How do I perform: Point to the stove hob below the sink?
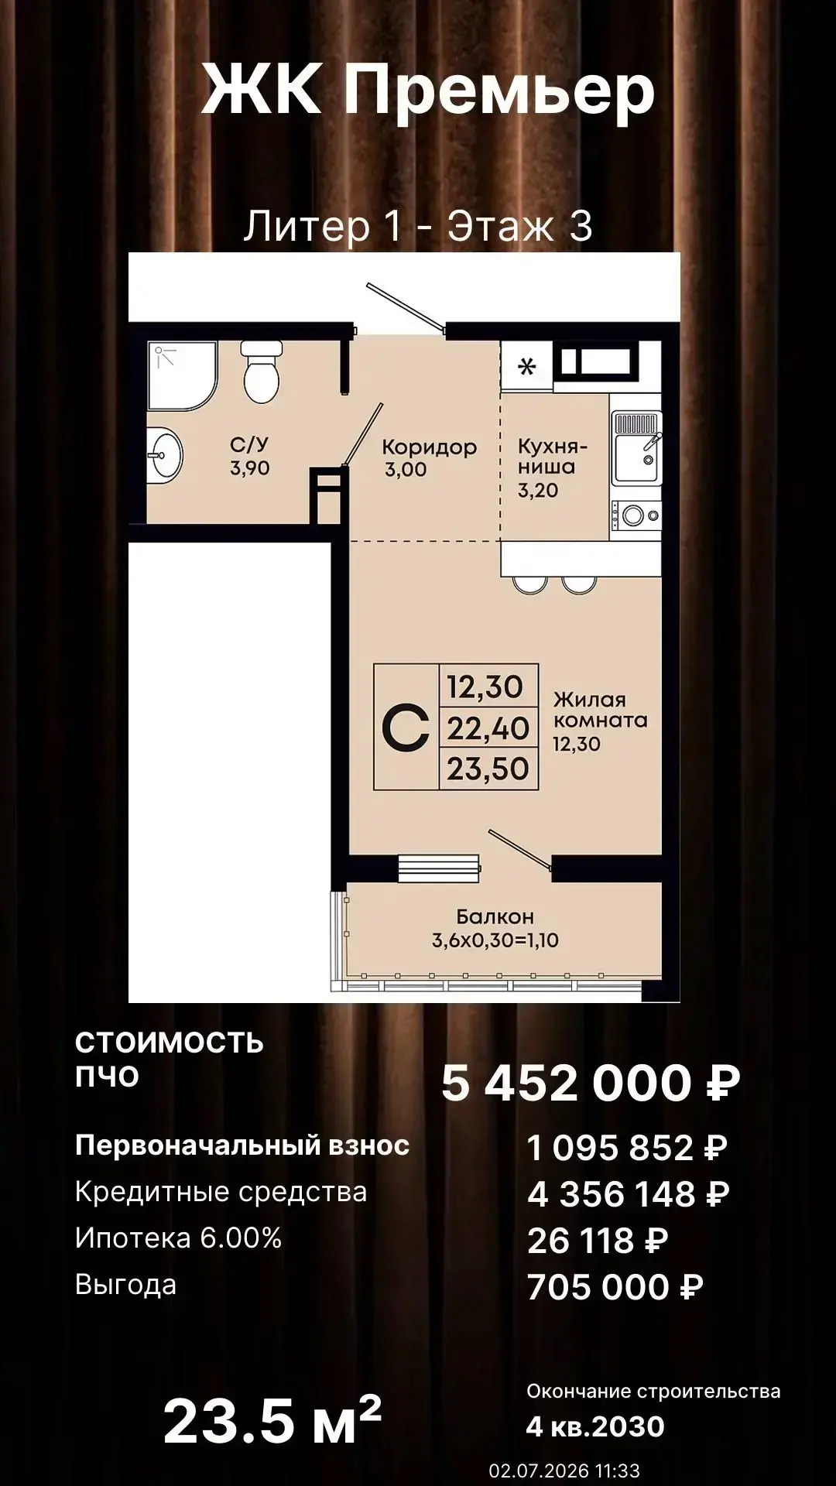coord(637,513)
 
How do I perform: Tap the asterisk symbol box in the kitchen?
coord(526,366)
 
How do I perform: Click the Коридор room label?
coord(429,447)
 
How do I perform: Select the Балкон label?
coord(495,917)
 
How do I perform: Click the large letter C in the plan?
coord(406,728)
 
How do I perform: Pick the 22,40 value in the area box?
coord(488,728)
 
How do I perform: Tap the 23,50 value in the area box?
coord(488,769)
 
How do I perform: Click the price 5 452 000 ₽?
coord(591,1082)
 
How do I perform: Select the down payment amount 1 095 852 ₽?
coord(627,1147)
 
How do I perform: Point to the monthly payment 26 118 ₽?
coord(598,1241)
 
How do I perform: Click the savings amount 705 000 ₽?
coord(615,1287)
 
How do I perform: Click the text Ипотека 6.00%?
coord(178,1238)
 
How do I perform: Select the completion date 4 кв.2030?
coord(595,1426)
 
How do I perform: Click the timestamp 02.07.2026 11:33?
coord(564,1470)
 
